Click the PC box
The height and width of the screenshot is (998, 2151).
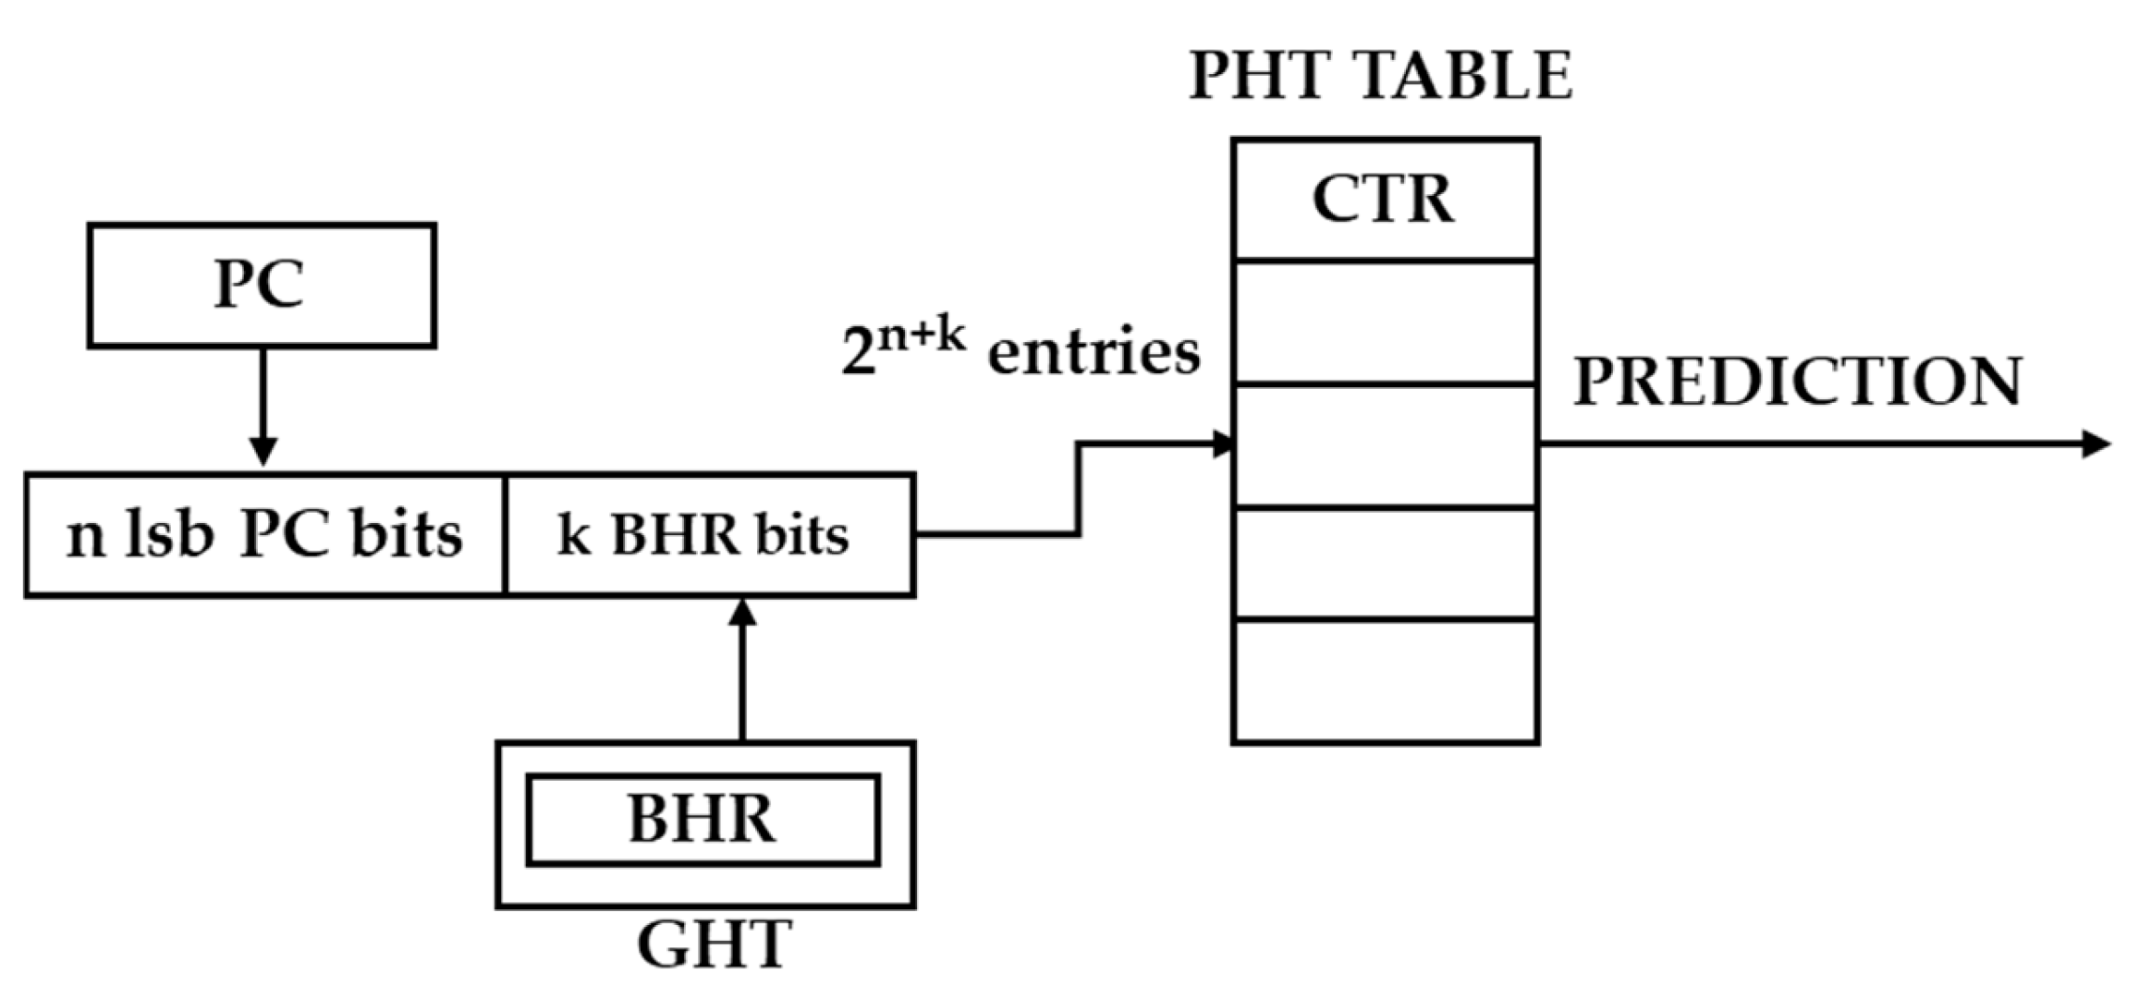[x=262, y=285]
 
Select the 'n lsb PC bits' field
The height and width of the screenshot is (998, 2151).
[x=265, y=535]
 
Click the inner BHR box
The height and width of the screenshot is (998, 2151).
[x=703, y=820]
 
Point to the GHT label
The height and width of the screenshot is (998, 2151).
[x=714, y=944]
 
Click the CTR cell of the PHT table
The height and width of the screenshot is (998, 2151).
[x=1384, y=200]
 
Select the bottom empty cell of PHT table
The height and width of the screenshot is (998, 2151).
[x=1384, y=681]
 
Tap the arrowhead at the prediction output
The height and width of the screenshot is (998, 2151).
[x=2096, y=444]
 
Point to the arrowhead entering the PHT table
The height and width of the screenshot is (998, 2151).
[x=1223, y=444]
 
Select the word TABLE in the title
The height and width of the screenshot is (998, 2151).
[x=1462, y=76]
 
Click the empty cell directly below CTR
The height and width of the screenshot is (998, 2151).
[x=1384, y=322]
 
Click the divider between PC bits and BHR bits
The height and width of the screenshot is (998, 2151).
[x=506, y=535]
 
